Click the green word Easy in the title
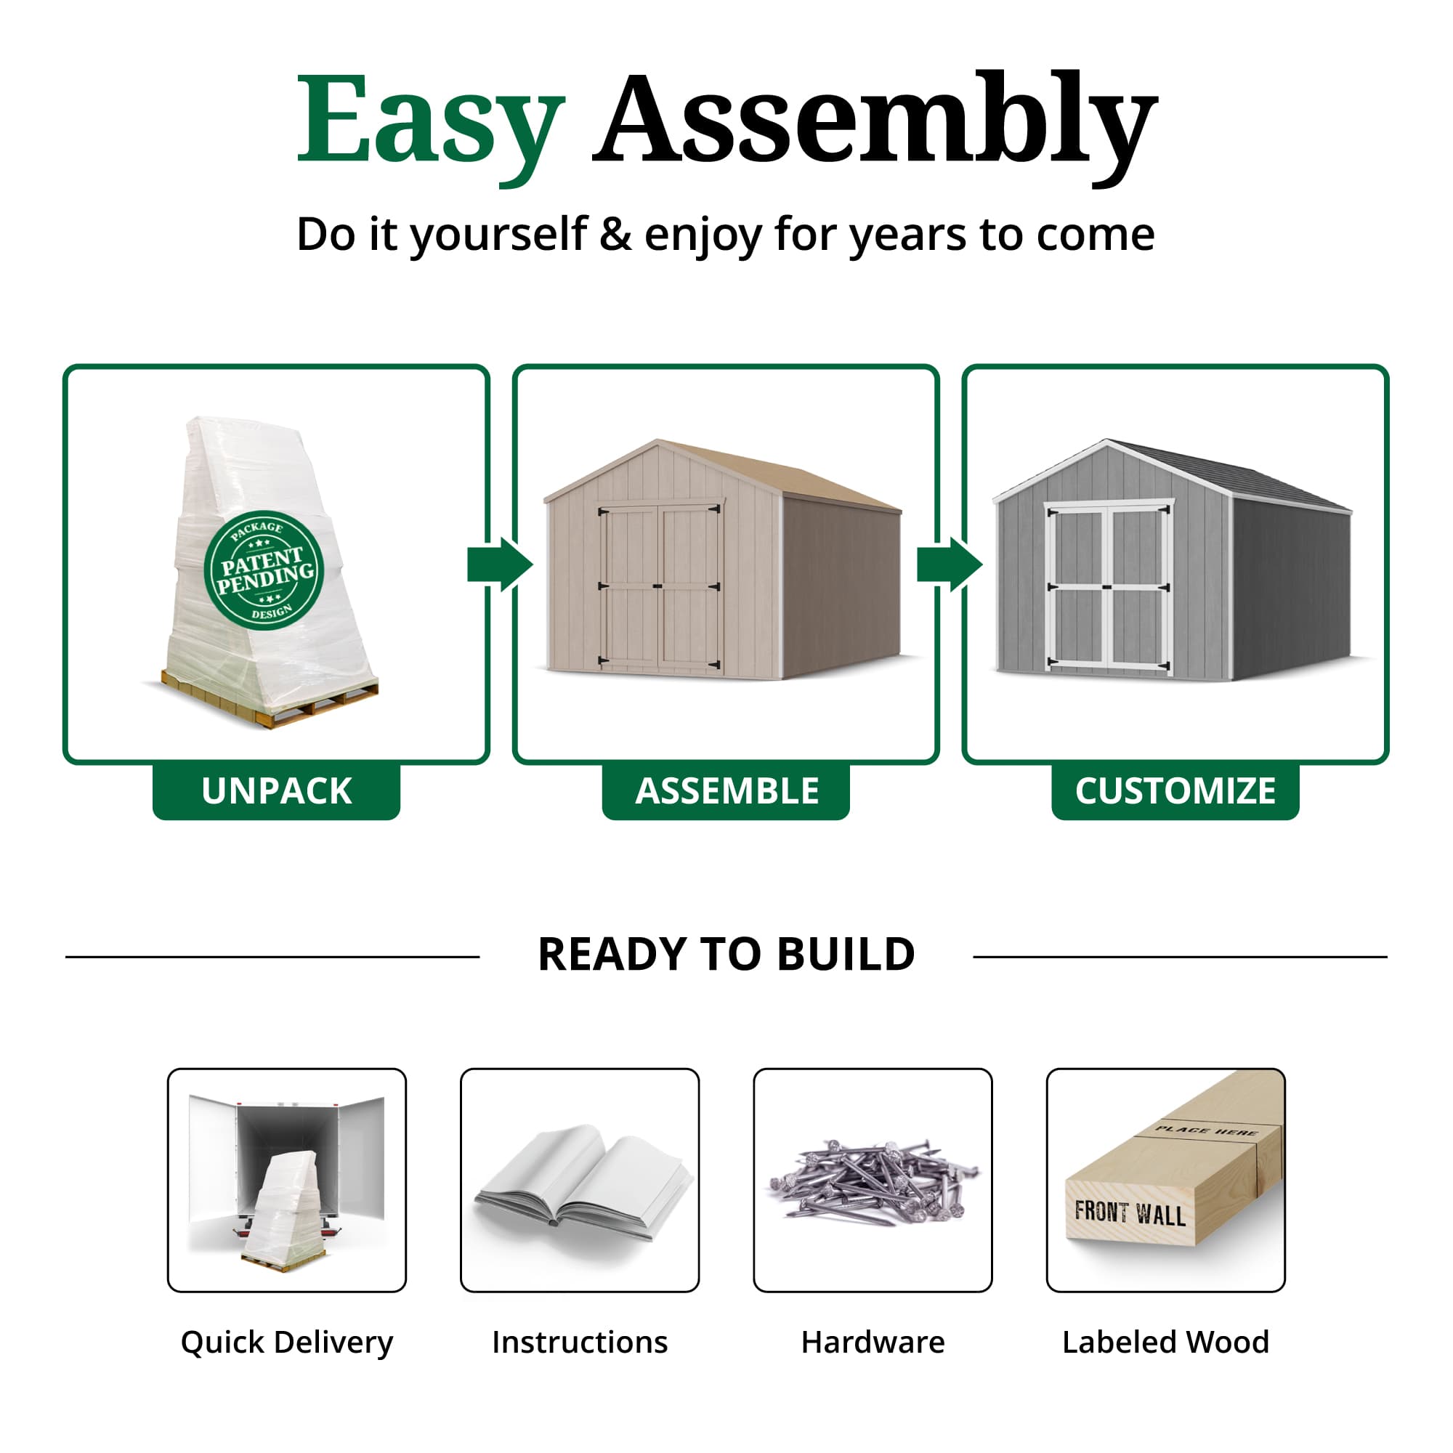click(430, 121)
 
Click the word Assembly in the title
click(874, 121)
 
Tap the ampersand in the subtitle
click(615, 235)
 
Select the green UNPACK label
click(276, 791)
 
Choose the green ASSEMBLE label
click(726, 791)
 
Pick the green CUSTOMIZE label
click(1175, 791)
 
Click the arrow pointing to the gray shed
click(949, 564)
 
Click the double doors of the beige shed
click(660, 586)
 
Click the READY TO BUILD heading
click(726, 955)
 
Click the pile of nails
click(873, 1181)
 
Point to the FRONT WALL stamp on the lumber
click(1130, 1213)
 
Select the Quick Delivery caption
click(286, 1343)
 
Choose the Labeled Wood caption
click(1166, 1343)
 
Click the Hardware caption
click(873, 1343)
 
